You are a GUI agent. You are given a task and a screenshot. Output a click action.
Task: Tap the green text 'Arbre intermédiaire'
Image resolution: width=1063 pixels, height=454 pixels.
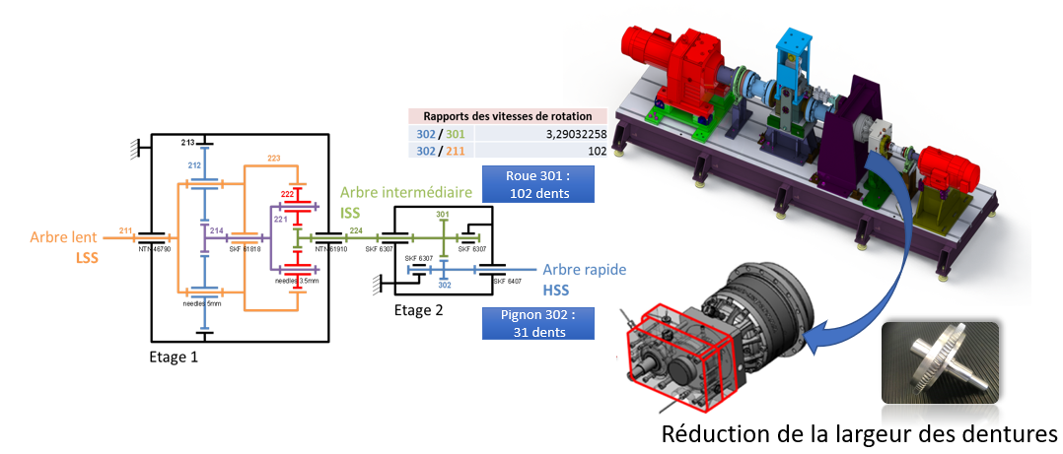tap(404, 194)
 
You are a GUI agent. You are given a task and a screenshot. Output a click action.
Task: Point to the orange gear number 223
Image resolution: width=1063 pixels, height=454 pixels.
tap(274, 159)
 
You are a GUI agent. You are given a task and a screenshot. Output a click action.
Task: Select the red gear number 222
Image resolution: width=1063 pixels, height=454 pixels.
tap(286, 194)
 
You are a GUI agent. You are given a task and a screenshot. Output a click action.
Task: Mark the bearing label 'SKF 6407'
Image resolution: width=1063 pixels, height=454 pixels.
tap(505, 282)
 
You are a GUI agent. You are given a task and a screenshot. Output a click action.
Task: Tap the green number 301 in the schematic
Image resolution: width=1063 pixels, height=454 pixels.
tap(443, 214)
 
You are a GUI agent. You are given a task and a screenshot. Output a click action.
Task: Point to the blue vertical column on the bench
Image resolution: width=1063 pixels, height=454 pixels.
tap(789, 84)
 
